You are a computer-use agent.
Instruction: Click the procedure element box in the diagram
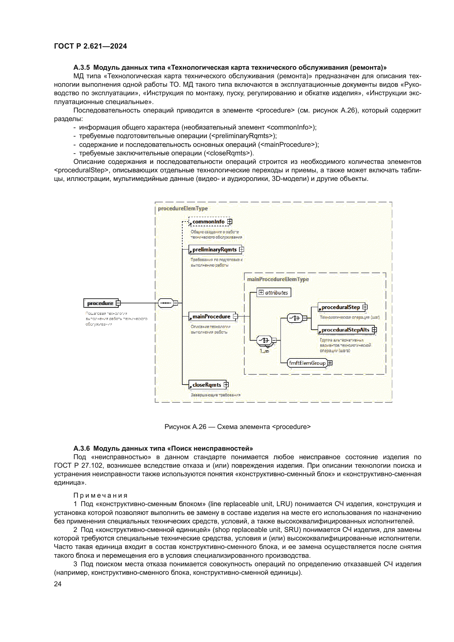(100, 303)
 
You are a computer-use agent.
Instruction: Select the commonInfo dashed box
(208, 222)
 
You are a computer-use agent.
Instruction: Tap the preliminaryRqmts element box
(214, 250)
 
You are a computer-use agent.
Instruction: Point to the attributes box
(274, 293)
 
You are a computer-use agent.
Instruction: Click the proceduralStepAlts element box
(345, 330)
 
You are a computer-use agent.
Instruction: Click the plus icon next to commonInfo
(230, 222)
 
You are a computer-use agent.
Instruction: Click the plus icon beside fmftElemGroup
(330, 363)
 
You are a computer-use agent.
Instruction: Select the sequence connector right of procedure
(166, 303)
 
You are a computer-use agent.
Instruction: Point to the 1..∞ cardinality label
(264, 351)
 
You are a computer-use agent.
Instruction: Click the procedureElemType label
(183, 208)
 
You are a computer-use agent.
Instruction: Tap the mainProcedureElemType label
(278, 279)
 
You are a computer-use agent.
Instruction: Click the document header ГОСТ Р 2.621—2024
(90, 46)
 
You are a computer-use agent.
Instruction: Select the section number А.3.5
(81, 68)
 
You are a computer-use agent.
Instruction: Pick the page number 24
(58, 584)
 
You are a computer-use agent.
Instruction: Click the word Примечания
(100, 495)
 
